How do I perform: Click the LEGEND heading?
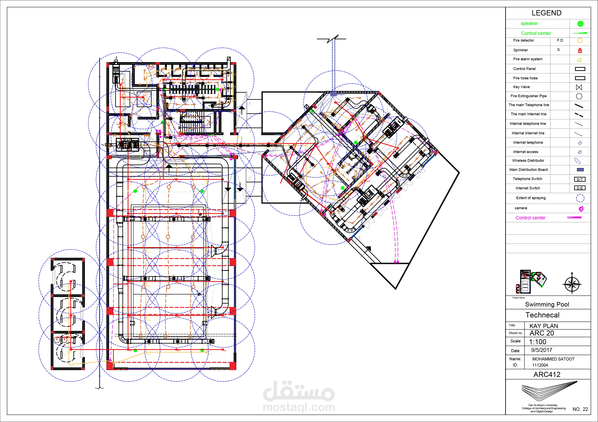(x=546, y=13)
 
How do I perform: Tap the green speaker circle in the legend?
(x=580, y=24)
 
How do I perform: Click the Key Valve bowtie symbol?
(x=579, y=87)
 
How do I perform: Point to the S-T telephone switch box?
(x=580, y=179)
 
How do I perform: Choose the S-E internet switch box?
(x=580, y=188)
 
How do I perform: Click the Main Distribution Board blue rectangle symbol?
(x=580, y=170)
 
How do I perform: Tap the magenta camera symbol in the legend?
(x=581, y=209)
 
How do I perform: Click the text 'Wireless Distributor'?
(x=528, y=161)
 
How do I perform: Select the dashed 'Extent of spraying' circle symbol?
(x=580, y=198)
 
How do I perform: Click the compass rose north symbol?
(x=572, y=284)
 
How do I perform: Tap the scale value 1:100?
(x=538, y=342)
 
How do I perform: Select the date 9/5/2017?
(x=542, y=350)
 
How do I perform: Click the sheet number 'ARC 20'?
(x=542, y=333)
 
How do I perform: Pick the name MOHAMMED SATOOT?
(x=553, y=359)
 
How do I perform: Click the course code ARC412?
(x=547, y=374)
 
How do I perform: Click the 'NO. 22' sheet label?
(x=580, y=409)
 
